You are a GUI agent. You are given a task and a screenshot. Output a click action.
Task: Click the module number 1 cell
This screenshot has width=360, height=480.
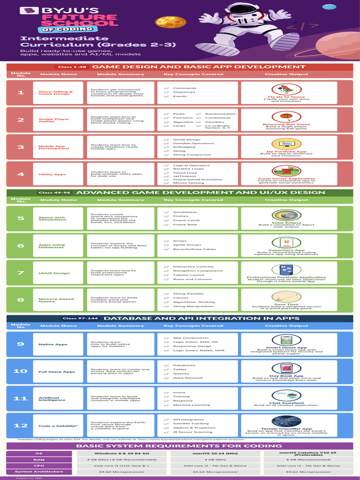[x=21, y=92]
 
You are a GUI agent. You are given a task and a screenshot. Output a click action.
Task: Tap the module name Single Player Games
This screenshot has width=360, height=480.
[x=54, y=120]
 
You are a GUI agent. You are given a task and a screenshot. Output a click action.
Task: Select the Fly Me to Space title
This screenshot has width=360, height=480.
[x=286, y=97]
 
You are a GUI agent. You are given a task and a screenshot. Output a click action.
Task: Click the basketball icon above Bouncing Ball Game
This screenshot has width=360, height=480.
[x=286, y=116]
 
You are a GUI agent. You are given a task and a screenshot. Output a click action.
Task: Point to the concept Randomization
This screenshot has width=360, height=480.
[x=221, y=114]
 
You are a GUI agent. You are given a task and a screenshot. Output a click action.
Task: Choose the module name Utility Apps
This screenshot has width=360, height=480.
[x=52, y=174]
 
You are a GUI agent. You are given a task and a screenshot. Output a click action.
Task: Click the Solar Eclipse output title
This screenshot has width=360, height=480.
[x=286, y=223]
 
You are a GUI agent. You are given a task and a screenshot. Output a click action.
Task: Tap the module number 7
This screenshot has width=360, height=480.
[x=21, y=273]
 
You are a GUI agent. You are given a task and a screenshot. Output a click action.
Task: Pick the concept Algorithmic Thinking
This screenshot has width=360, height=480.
[x=194, y=302]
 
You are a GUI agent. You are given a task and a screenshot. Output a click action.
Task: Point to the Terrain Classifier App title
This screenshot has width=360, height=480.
[x=286, y=428]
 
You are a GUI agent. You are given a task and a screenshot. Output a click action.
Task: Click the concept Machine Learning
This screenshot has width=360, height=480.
[x=191, y=405]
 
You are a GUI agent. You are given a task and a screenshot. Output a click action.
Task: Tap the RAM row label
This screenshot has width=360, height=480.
[x=38, y=459]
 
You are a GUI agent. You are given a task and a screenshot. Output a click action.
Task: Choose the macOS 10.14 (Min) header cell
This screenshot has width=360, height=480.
[x=215, y=453]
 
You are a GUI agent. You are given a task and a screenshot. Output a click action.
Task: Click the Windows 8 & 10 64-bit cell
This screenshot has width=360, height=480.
[x=121, y=453]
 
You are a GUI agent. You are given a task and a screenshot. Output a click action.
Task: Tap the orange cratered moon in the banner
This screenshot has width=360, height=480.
[x=164, y=22]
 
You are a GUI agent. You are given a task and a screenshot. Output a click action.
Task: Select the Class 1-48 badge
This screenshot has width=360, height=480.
[x=72, y=67]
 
